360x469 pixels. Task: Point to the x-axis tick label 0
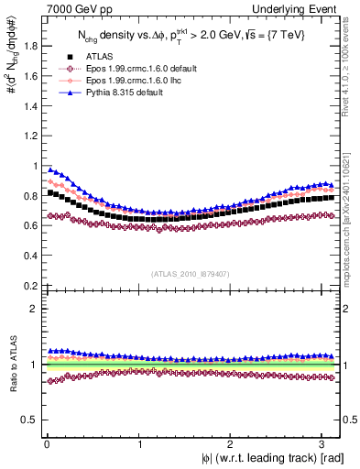pyautogui.click(x=47, y=444)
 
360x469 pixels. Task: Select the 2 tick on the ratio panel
pyautogui.click(x=33, y=309)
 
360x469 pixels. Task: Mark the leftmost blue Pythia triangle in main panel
pyautogui.click(x=50, y=169)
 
